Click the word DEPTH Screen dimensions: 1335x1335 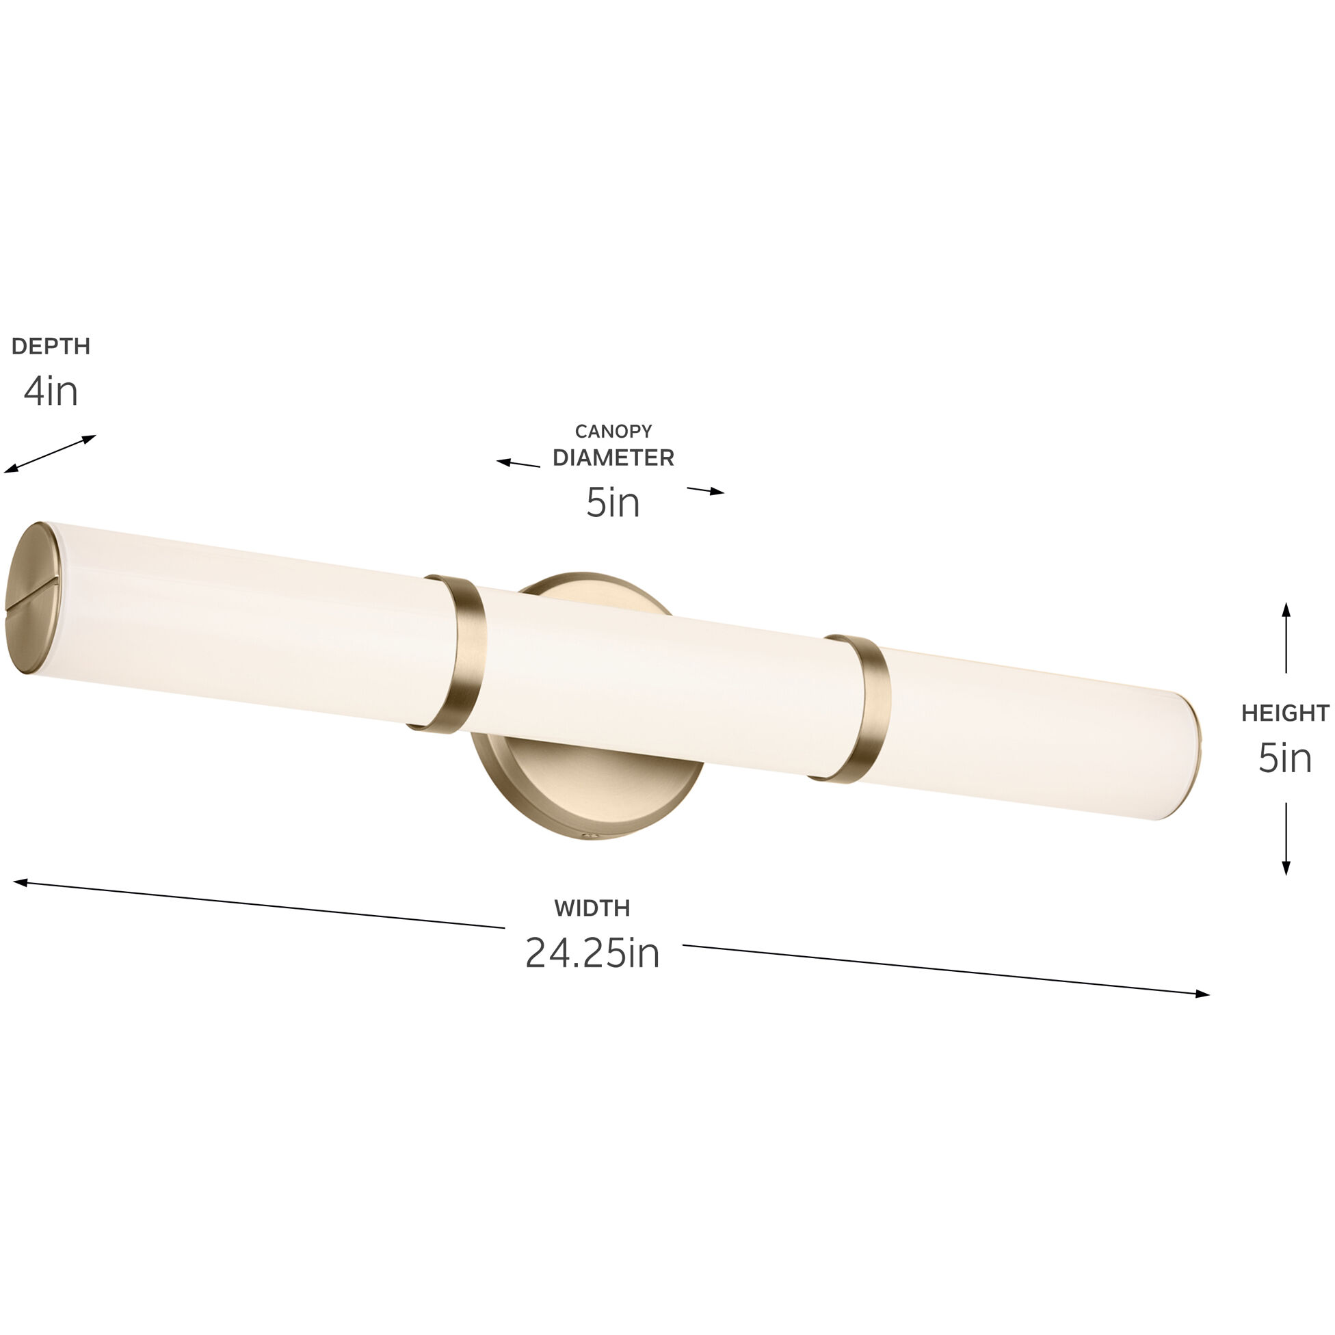click(x=51, y=346)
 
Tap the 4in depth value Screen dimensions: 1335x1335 click(x=51, y=392)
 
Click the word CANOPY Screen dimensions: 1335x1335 click(x=613, y=431)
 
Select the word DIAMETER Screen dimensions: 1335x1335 click(x=613, y=458)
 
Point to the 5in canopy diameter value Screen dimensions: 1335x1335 click(x=613, y=503)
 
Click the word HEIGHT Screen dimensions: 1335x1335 click(x=1284, y=713)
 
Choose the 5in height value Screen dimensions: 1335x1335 click(x=1284, y=758)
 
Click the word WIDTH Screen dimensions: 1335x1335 click(x=592, y=908)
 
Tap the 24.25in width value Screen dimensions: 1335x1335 click(x=592, y=953)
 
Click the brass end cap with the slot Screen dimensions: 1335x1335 click(x=35, y=598)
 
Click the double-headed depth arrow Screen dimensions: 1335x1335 click(x=50, y=454)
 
